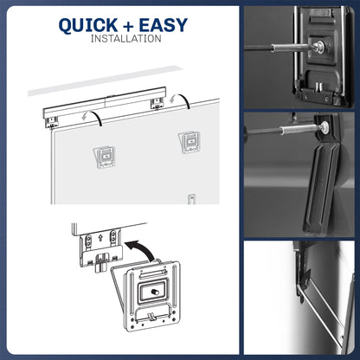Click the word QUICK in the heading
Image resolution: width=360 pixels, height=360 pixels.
pos(92,25)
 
